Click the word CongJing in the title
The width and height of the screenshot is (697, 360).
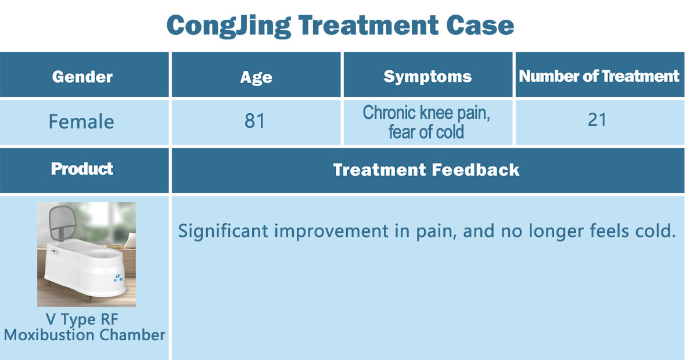(229, 26)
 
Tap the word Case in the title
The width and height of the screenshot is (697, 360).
(480, 25)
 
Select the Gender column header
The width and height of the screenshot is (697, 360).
(82, 77)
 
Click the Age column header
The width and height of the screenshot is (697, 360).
(256, 77)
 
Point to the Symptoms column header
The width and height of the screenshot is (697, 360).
(427, 77)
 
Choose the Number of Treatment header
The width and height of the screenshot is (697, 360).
(599, 76)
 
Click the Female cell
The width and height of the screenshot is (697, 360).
(81, 121)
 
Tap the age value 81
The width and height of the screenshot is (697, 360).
(254, 121)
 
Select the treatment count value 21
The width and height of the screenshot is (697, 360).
(597, 120)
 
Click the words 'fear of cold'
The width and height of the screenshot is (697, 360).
(426, 132)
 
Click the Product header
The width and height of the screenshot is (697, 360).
(82, 169)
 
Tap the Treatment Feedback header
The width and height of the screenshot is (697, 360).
(426, 170)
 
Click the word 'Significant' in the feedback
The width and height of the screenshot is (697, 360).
(223, 231)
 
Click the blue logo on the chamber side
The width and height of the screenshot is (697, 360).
(118, 278)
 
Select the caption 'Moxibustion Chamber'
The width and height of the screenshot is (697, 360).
(84, 335)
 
